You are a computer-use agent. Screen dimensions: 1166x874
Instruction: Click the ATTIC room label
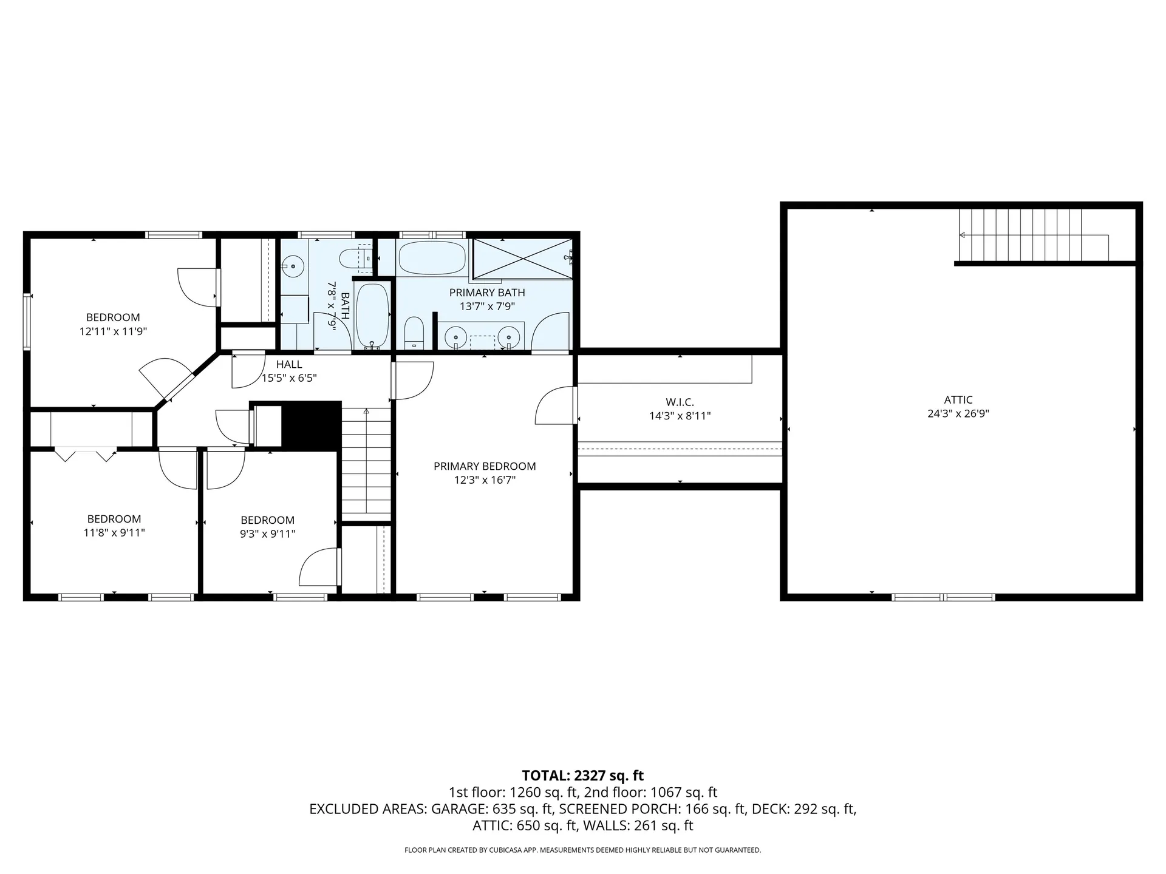(x=958, y=400)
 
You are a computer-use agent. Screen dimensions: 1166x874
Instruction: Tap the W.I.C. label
(x=680, y=402)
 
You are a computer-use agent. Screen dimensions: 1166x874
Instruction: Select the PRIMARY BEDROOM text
(x=485, y=466)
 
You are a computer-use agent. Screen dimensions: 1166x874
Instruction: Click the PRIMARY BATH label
(x=487, y=293)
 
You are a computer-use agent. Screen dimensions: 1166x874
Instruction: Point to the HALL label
(x=289, y=364)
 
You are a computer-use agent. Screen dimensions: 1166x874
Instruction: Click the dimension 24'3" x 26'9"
(x=958, y=414)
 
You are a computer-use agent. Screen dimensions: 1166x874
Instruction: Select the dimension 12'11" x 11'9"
(x=114, y=331)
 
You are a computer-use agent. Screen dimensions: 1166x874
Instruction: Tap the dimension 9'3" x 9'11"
(x=268, y=534)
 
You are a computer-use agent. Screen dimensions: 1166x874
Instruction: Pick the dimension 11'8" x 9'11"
(x=114, y=533)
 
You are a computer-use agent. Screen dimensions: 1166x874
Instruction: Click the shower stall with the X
(x=522, y=259)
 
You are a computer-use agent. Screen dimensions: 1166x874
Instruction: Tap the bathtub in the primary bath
(x=432, y=258)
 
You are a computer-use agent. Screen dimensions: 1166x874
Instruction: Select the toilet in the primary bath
(x=414, y=333)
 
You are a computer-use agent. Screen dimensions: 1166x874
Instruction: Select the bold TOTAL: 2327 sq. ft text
(x=583, y=776)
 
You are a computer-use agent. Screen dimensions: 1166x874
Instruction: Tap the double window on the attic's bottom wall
(x=943, y=597)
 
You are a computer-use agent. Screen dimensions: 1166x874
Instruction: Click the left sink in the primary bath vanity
(x=455, y=336)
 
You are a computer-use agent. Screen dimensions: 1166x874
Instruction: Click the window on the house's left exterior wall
(x=27, y=322)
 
